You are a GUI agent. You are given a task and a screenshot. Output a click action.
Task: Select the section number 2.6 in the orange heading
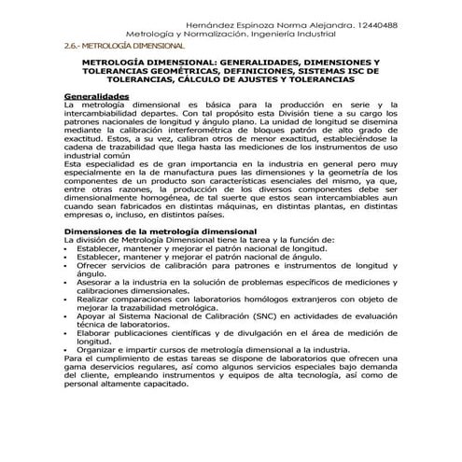point(72,45)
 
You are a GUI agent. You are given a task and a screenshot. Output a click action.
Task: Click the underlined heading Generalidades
point(95,95)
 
